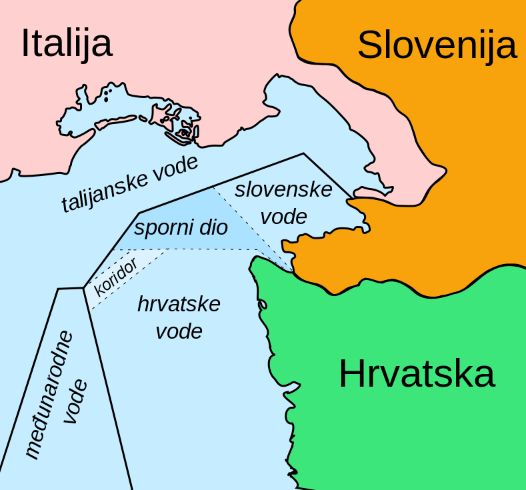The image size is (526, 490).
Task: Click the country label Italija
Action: (66, 43)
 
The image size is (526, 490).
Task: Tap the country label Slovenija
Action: (437, 45)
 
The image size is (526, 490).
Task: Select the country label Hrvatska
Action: (417, 374)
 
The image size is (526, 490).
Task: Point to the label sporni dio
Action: (181, 228)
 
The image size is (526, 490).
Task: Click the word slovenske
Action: (283, 189)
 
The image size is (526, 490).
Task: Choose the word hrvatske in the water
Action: (179, 304)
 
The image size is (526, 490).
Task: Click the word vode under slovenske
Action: (283, 217)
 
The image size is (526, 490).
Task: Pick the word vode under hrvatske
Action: (179, 331)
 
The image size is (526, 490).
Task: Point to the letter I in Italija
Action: (25, 43)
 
